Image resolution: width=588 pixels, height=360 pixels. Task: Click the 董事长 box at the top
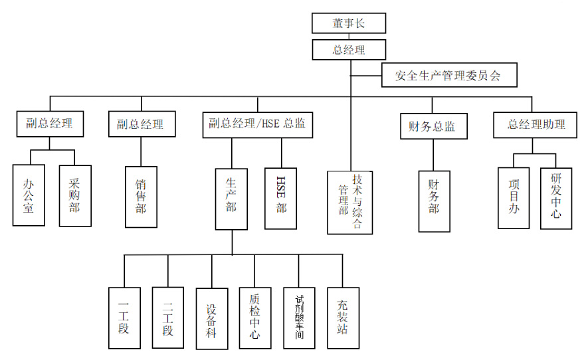click(x=349, y=23)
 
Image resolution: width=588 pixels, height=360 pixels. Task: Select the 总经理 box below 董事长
click(x=349, y=49)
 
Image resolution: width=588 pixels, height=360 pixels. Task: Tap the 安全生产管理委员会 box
click(x=449, y=76)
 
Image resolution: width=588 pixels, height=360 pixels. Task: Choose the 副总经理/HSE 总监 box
click(x=258, y=124)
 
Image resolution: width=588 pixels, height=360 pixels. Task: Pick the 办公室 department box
click(x=29, y=195)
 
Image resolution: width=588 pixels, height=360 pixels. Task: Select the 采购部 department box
click(x=74, y=195)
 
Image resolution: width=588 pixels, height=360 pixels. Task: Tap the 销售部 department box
click(x=141, y=197)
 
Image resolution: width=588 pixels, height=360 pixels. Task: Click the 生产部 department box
click(x=231, y=198)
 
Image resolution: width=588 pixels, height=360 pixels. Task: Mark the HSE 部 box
click(x=281, y=198)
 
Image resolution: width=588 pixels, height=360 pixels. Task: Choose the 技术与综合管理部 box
click(x=349, y=202)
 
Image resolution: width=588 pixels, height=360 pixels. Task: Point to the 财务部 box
click(x=435, y=201)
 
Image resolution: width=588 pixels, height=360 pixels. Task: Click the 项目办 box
click(x=514, y=197)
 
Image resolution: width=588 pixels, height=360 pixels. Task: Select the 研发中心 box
click(x=556, y=197)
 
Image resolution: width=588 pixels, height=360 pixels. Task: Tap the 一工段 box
click(x=125, y=318)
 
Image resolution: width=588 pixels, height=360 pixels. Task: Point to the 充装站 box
click(x=343, y=318)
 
